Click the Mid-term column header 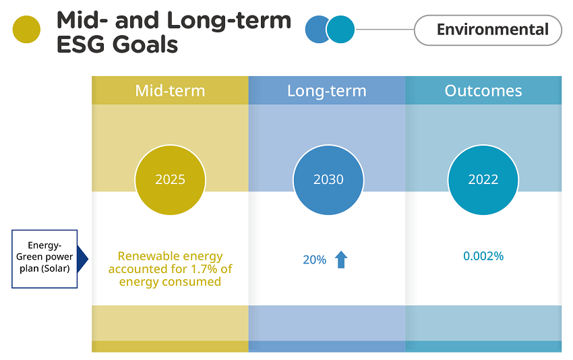pos(170,90)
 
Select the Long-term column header pos(327,90)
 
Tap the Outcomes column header pos(483,90)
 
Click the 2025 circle pos(171,180)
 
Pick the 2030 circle pos(328,180)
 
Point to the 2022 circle pos(483,180)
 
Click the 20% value pos(315,260)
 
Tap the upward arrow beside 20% pos(341,260)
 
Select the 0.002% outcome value pos(483,256)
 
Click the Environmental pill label pos(488,30)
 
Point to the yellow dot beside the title pos(26,30)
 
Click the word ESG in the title pos(81,44)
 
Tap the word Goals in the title pos(145,44)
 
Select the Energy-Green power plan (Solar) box pos(44,259)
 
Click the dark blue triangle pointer pos(82,259)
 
